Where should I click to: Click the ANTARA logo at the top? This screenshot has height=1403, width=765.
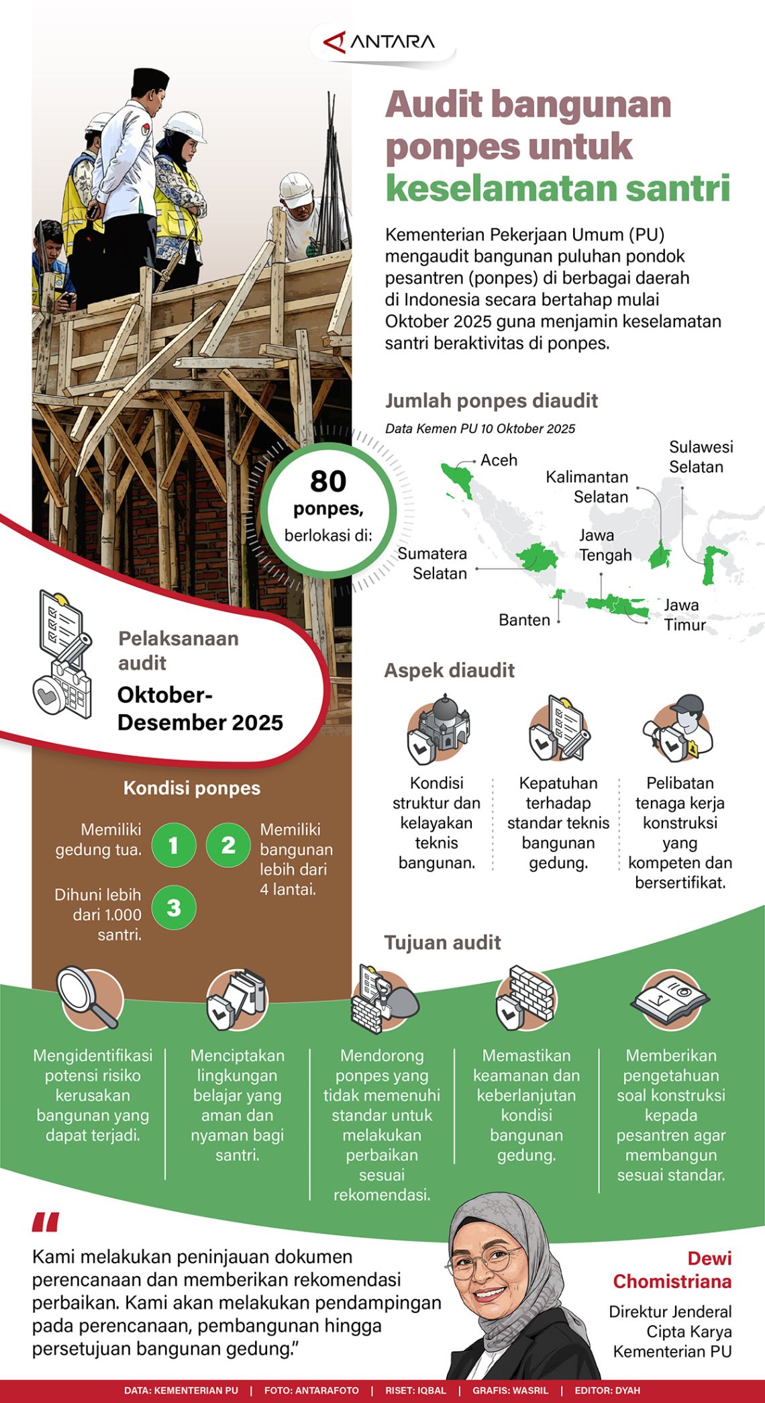point(380,42)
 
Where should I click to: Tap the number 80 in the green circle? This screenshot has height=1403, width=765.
point(328,481)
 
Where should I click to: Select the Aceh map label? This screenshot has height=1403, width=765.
point(499,461)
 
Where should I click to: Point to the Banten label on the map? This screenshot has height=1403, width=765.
point(524,620)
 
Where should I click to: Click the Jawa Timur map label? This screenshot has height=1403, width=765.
point(684,615)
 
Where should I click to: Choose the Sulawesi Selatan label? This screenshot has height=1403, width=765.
point(701,457)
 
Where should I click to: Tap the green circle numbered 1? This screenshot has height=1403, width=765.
point(173,845)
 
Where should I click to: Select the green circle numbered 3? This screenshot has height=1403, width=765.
point(173,908)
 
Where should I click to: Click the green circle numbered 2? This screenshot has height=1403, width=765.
point(228,845)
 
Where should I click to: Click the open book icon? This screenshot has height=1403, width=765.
point(670,998)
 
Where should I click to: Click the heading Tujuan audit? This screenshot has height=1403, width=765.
point(442,942)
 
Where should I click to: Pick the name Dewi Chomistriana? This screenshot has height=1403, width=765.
point(672,1270)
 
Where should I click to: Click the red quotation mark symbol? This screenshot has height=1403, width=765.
point(45,1222)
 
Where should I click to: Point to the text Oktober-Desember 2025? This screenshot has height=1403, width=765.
point(200,709)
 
